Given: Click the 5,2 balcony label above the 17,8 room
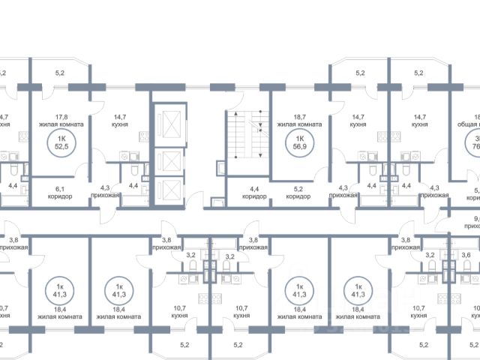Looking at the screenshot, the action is (60, 73).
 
